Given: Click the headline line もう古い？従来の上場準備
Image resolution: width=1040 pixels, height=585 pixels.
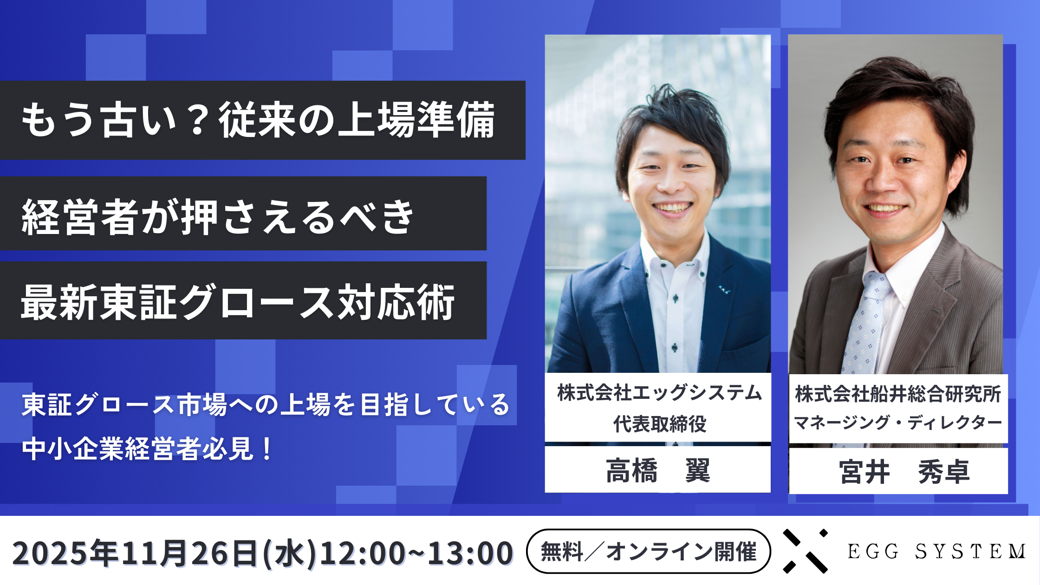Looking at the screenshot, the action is tap(258, 120).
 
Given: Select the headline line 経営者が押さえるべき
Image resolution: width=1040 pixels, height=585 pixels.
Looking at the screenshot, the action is tap(217, 216).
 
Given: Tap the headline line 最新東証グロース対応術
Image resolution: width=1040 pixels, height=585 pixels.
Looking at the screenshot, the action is tap(238, 302).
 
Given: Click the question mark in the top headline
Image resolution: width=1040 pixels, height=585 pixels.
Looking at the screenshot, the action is tap(198, 121).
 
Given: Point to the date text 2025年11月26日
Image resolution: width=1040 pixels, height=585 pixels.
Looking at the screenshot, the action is tap(135, 553).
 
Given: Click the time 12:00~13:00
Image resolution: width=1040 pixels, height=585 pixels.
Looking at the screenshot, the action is tap(416, 553).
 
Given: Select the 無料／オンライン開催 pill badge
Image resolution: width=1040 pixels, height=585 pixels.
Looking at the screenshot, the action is tap(649, 552).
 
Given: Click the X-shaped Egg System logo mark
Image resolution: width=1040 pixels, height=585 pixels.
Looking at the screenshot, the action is tap(806, 551).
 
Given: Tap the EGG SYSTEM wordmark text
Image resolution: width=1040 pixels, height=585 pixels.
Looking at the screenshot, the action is tap(936, 552).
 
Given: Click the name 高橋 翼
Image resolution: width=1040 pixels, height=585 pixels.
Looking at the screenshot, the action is tap(658, 470).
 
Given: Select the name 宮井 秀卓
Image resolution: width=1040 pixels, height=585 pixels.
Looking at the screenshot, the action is tap(904, 472).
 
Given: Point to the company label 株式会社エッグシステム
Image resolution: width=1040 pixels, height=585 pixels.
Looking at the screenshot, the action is tap(659, 393).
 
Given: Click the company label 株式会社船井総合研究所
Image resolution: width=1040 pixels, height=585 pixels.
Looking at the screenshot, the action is tap(898, 394).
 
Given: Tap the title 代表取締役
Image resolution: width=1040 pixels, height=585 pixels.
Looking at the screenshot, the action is tap(660, 423).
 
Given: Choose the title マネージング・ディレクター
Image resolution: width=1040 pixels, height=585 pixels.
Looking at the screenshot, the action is tap(898, 422).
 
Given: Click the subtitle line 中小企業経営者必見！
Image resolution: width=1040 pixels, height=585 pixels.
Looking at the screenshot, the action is tap(148, 449).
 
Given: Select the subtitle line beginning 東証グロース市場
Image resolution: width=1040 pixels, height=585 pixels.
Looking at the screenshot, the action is tap(266, 404).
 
